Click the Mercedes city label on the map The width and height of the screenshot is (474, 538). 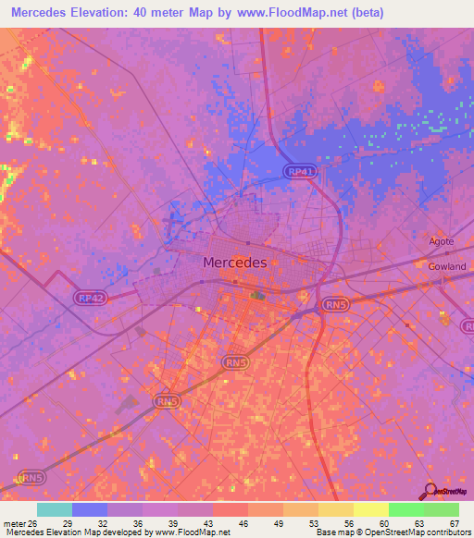tap(234, 263)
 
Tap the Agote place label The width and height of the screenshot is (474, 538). tap(442, 242)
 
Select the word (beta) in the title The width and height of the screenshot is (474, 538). tap(363, 12)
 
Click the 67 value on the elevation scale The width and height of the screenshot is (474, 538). tap(454, 522)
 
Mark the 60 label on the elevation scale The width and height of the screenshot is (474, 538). tap(382, 522)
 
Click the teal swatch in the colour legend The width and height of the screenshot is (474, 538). tap(54, 509)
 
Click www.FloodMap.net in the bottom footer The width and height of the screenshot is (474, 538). tap(193, 532)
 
